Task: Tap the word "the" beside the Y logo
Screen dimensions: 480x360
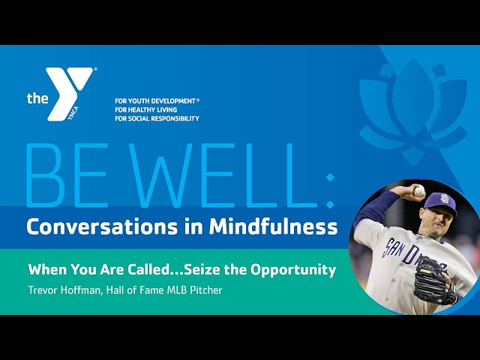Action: pyautogui.click(x=37, y=98)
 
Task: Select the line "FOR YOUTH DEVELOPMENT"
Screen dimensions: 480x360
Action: pyautogui.click(x=155, y=100)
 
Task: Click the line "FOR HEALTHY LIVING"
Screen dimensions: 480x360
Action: pyautogui.click(x=146, y=109)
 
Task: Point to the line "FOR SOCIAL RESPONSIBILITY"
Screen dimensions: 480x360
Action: pyautogui.click(x=157, y=118)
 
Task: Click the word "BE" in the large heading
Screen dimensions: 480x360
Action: pyautogui.click(x=67, y=175)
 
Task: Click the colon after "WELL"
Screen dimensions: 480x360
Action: pyautogui.click(x=330, y=190)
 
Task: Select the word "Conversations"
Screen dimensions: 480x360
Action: pyautogui.click(x=102, y=226)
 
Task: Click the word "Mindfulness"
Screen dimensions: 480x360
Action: pyautogui.click(x=273, y=226)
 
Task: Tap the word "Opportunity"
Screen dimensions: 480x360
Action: pyautogui.click(x=293, y=271)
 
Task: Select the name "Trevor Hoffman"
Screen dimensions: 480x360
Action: pyautogui.click(x=64, y=290)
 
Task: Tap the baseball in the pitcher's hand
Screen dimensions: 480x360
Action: pyautogui.click(x=419, y=190)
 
